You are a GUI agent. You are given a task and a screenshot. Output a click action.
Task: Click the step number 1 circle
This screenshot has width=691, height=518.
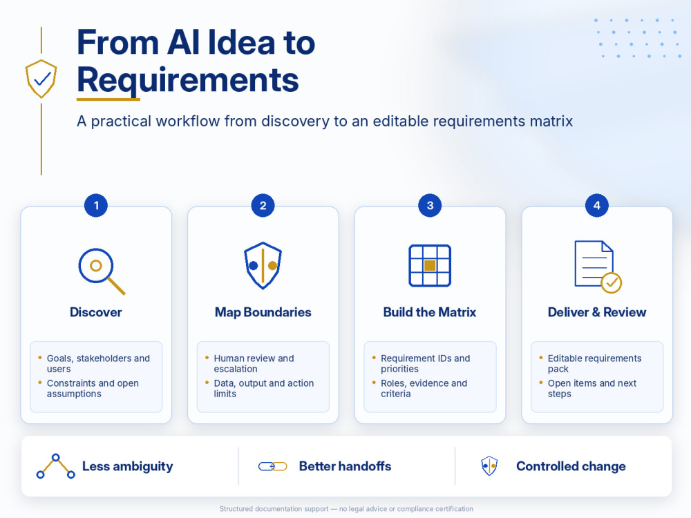[96, 205]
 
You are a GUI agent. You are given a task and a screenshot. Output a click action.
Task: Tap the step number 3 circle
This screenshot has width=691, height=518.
[430, 205]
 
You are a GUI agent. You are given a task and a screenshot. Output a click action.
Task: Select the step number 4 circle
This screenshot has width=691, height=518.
[597, 205]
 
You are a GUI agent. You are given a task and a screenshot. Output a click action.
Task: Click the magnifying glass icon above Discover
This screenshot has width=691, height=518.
[102, 271]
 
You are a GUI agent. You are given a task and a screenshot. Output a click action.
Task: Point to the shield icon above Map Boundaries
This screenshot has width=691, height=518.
[263, 265]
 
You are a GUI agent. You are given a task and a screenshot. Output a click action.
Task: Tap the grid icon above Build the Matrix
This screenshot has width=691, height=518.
[430, 266]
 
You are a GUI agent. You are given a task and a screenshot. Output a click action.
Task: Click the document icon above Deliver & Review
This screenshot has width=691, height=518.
[598, 267]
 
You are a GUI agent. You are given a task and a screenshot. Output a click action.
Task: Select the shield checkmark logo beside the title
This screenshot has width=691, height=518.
[41, 79]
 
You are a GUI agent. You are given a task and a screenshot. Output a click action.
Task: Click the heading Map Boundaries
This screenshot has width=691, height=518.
[263, 312]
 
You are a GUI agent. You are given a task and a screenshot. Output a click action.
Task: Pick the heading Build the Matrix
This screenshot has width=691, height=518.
[430, 312]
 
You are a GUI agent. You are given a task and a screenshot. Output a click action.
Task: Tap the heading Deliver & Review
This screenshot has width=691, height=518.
[597, 312]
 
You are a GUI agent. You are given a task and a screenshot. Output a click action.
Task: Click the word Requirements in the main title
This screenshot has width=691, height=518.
[188, 81]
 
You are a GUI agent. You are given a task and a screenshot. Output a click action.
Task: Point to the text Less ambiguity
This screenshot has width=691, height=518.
[128, 466]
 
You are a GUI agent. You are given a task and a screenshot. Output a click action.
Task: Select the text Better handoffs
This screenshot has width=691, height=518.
[345, 466]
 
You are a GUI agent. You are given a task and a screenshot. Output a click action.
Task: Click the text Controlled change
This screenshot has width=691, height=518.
[571, 466]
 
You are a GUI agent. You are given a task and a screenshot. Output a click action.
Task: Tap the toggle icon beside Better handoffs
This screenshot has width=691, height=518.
[273, 466]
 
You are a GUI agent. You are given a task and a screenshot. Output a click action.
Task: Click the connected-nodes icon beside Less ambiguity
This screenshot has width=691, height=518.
[55, 466]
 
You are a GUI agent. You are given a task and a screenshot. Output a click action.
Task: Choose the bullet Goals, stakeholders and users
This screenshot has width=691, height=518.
[98, 363]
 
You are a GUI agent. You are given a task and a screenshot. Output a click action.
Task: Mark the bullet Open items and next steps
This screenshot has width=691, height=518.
[592, 388]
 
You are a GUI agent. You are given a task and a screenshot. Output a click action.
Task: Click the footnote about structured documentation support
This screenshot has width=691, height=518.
[346, 509]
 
